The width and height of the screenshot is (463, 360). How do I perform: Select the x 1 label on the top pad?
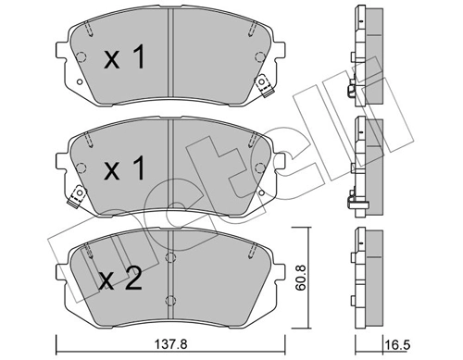click(123, 60)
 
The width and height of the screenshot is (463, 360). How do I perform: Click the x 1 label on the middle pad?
click(123, 171)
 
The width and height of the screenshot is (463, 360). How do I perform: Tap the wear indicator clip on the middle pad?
click(77, 194)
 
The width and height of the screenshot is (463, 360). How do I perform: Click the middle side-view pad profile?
click(365, 157)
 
